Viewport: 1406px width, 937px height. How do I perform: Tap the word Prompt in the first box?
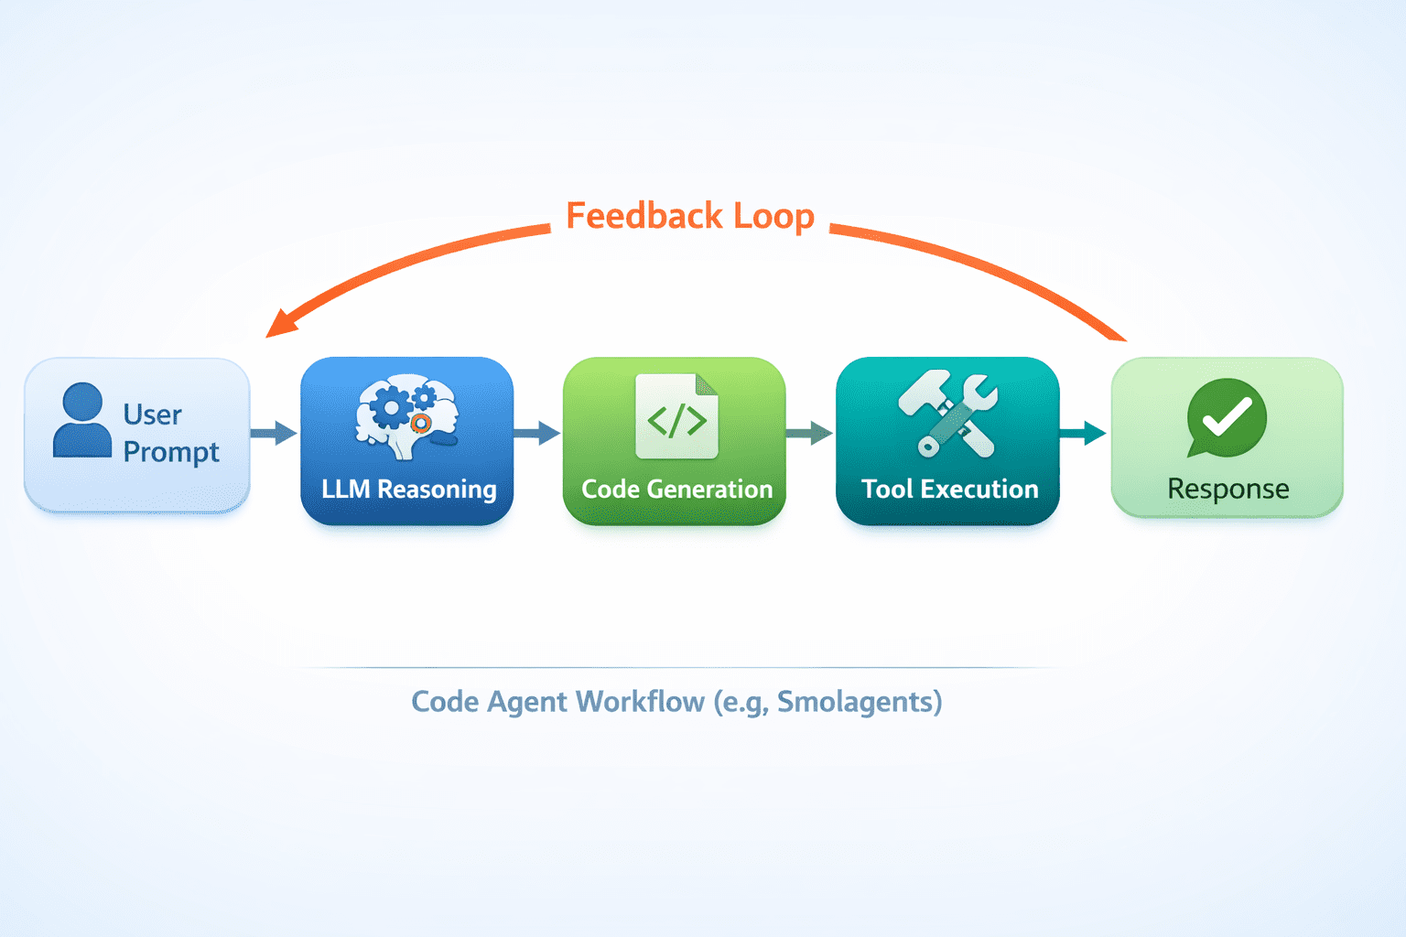pyautogui.click(x=171, y=453)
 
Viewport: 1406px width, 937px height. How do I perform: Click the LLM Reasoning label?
pyautogui.click(x=408, y=490)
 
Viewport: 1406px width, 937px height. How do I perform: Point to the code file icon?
pyautogui.click(x=676, y=416)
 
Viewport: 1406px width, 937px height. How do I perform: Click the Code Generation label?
pyautogui.click(x=676, y=490)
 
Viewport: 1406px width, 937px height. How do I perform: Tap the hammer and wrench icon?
pyautogui.click(x=947, y=415)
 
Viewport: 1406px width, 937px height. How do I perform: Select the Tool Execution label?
pyautogui.click(x=949, y=490)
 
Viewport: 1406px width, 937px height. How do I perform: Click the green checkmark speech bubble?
pyautogui.click(x=1226, y=416)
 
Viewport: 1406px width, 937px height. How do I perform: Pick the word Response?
pyautogui.click(x=1228, y=490)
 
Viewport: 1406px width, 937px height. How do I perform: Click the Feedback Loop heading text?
pyautogui.click(x=690, y=217)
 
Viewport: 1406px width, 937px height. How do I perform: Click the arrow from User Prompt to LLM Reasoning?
pyautogui.click(x=274, y=433)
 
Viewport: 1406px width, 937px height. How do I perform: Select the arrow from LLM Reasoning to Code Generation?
pyautogui.click(x=537, y=433)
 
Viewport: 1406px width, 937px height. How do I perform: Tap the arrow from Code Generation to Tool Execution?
pyautogui.click(x=810, y=433)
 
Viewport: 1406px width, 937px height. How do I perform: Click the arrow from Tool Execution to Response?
pyautogui.click(x=1084, y=433)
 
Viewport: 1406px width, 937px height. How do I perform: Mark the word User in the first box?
pyautogui.click(x=152, y=415)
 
